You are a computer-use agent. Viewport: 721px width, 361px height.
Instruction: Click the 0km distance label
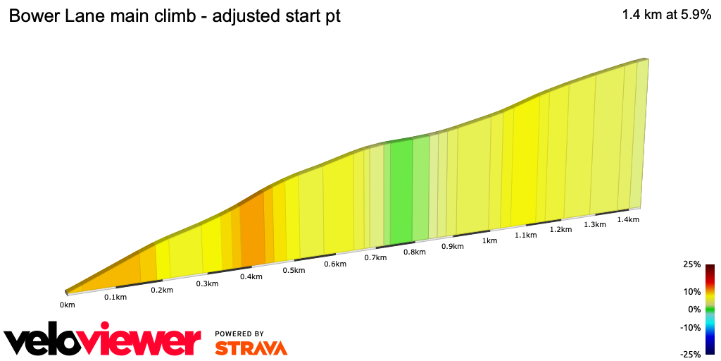point(68,305)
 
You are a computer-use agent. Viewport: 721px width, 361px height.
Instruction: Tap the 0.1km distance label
point(115,298)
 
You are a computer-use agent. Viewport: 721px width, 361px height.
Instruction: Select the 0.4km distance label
point(251,277)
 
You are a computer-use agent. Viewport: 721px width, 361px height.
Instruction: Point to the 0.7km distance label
point(375,258)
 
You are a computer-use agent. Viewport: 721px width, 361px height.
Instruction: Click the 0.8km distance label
point(413,252)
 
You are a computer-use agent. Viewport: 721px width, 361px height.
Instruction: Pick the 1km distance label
point(489,241)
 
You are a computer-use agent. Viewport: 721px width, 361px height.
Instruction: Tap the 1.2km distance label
point(560,230)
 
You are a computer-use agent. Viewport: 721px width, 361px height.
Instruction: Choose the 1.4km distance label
point(627,220)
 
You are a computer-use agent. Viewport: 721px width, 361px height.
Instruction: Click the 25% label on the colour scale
point(692,264)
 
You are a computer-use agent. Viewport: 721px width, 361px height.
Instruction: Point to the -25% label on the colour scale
point(691,355)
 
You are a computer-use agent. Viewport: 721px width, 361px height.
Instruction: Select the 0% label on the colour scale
point(694,310)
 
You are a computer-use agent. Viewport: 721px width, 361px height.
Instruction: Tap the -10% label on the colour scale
point(691,328)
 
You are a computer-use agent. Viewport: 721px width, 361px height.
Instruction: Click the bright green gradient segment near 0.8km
point(401,190)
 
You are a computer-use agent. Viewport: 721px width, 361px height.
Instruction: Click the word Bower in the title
point(32,16)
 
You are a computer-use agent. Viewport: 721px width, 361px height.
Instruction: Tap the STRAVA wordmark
point(251,348)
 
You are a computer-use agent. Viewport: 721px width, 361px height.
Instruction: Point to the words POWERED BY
point(239,334)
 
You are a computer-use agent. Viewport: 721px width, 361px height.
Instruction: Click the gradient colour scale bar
point(710,310)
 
